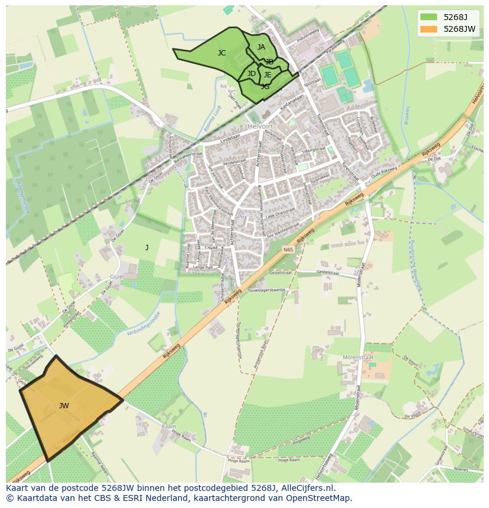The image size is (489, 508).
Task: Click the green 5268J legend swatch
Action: (x=429, y=17)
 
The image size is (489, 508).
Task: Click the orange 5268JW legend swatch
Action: (x=429, y=29)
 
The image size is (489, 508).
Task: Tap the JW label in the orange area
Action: (x=64, y=406)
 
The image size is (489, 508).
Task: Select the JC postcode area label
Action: (x=221, y=53)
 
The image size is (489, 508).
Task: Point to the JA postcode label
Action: (x=261, y=47)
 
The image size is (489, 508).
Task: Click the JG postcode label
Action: (x=265, y=87)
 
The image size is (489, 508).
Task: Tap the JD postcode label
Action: (x=252, y=74)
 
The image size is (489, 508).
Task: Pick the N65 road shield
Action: (x=288, y=250)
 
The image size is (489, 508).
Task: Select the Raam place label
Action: (x=168, y=425)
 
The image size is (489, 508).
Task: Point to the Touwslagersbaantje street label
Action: (x=267, y=290)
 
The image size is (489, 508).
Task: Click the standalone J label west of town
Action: (x=147, y=248)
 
